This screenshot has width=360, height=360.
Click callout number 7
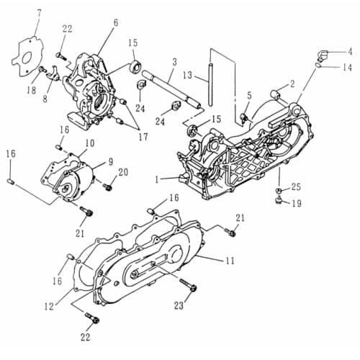39,12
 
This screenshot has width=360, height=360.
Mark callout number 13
186,76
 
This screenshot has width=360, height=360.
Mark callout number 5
248,95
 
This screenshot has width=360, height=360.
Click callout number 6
114,23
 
